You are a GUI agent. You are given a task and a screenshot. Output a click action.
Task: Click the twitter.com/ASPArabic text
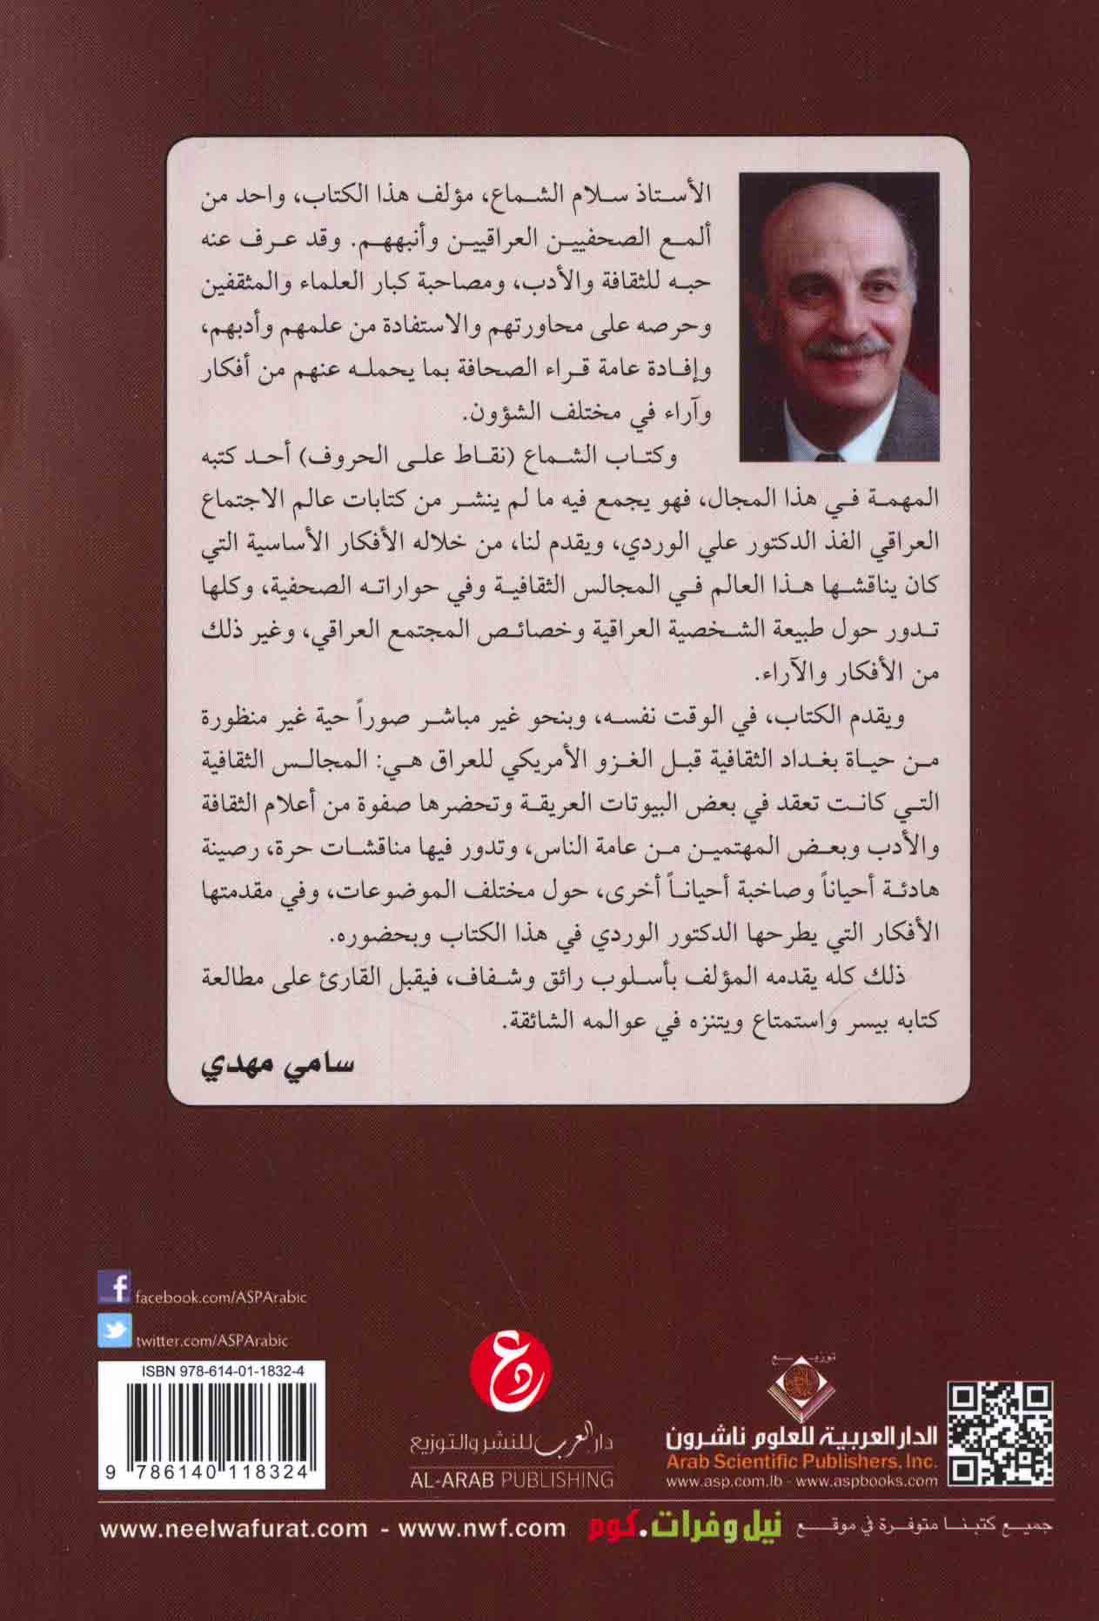tap(211, 1341)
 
